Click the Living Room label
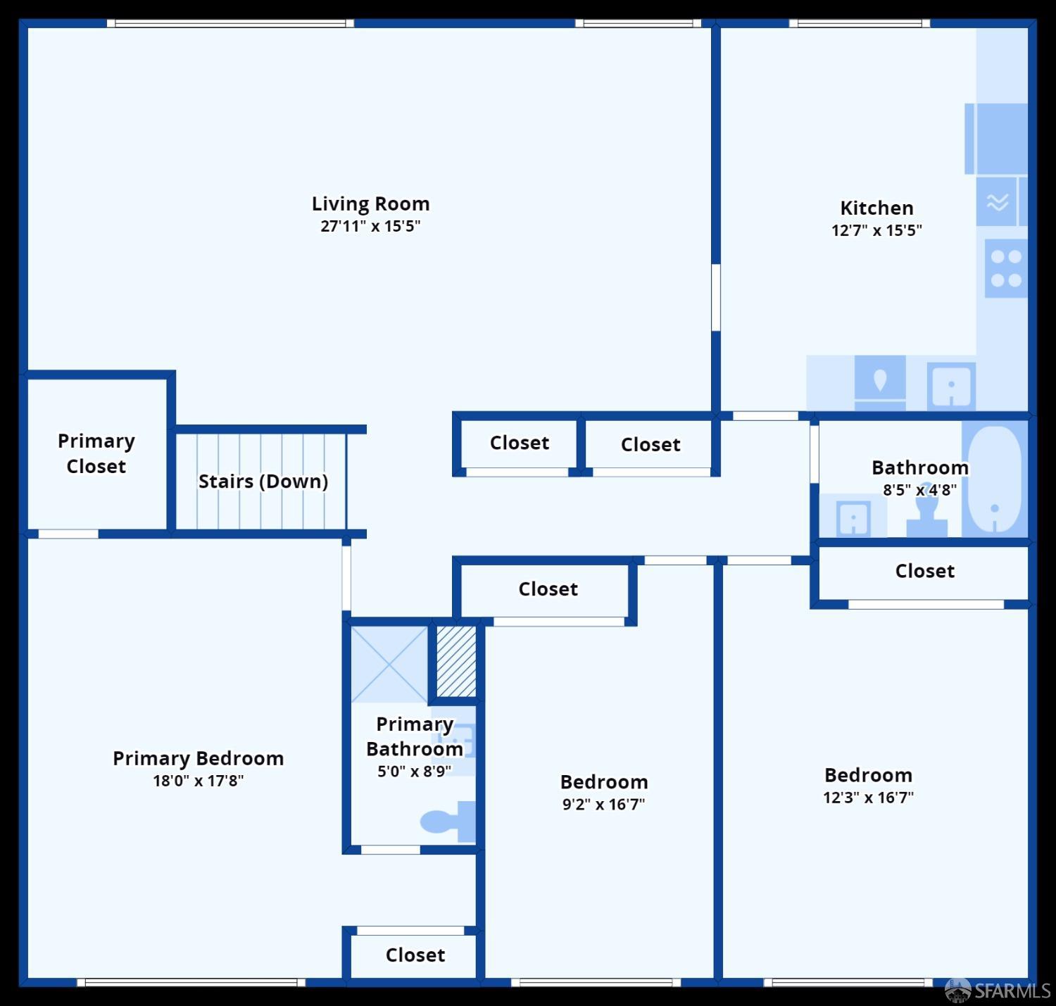pos(370,203)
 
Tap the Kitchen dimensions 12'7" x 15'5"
pos(876,230)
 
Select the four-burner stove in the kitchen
pos(1006,268)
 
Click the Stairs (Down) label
pos(263,482)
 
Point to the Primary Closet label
pos(96,453)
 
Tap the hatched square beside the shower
pos(456,661)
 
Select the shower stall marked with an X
pos(389,664)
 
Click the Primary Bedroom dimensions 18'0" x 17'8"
pos(199,781)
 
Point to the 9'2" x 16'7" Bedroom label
pos(604,782)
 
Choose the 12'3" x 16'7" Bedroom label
pos(869,775)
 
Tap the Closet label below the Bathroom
pos(925,571)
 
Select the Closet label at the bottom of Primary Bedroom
pos(415,955)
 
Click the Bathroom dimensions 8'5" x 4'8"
pos(920,490)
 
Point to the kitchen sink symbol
pos(951,386)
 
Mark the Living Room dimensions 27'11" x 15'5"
pos(370,226)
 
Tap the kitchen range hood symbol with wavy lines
pos(997,202)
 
